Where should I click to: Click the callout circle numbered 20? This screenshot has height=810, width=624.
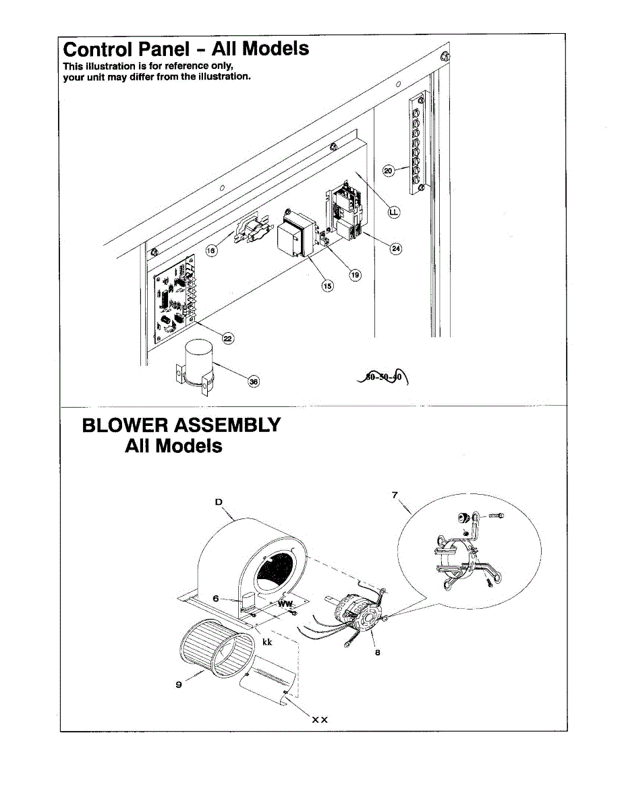pos(389,171)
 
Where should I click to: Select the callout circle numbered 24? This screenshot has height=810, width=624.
pos(396,248)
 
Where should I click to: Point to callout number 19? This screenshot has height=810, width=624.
pos(355,275)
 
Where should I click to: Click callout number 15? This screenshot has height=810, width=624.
pos(327,286)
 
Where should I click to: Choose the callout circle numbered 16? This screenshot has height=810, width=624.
pos(211,250)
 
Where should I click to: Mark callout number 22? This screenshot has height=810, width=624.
pos(228,338)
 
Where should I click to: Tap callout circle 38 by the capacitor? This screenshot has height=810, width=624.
pos(254,381)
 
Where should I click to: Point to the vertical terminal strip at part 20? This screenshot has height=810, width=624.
pos(416,142)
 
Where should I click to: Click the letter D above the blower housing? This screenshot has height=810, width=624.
pos(219,502)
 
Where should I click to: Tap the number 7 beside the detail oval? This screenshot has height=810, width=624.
pos(394,495)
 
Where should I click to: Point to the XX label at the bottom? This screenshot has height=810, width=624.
pos(319,720)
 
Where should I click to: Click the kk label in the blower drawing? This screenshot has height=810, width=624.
pos(267,642)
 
